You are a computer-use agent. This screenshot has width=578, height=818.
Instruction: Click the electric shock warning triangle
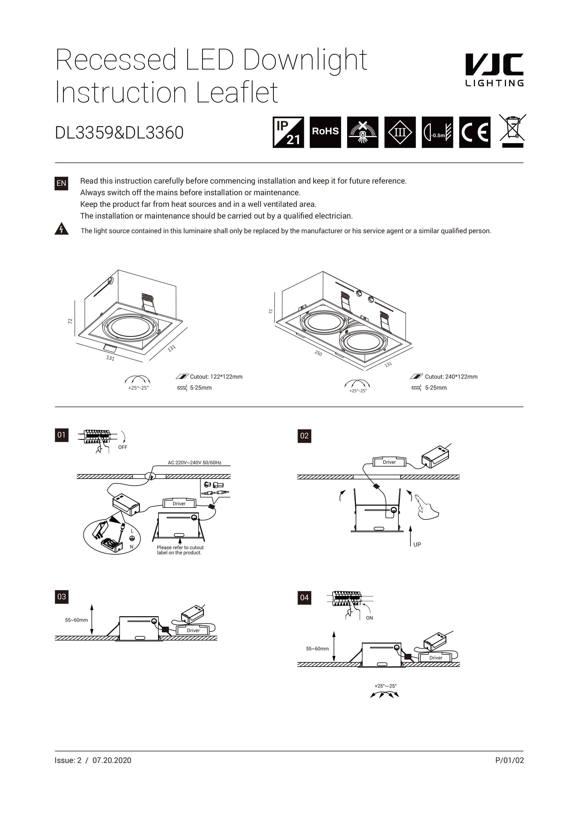coord(61,229)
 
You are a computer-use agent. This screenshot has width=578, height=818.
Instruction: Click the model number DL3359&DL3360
coord(119,132)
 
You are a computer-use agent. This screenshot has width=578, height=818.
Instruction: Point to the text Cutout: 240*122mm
coord(451,377)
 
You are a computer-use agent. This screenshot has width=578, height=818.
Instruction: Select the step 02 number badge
coord(304,436)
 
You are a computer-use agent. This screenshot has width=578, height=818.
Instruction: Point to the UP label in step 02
coord(417,544)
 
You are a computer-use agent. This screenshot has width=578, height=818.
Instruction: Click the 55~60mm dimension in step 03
coord(76,620)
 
